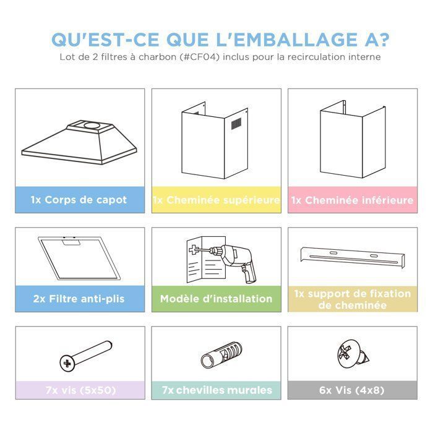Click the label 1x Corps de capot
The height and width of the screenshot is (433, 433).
(x=79, y=200)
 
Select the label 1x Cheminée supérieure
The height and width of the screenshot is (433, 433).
(x=216, y=200)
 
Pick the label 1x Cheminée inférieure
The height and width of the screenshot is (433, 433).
(x=352, y=200)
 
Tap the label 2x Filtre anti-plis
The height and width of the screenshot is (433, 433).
(x=79, y=299)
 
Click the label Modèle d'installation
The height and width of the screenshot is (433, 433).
(x=216, y=299)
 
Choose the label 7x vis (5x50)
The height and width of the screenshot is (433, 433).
(x=79, y=390)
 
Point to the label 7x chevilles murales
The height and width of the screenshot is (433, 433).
(x=216, y=390)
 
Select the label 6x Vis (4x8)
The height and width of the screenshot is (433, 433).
(x=352, y=390)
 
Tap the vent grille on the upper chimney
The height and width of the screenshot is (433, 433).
(x=238, y=124)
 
